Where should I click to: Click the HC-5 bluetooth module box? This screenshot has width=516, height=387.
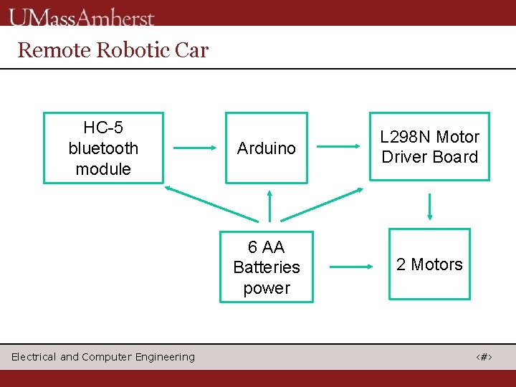point(103,148)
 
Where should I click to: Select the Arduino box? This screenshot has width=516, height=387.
point(267,148)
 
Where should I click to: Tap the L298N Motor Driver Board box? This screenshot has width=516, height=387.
point(429,147)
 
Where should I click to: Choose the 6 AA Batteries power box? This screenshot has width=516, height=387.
point(267,267)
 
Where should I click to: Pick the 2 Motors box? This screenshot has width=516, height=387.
point(429,264)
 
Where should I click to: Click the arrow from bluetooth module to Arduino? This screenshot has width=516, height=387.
point(195,148)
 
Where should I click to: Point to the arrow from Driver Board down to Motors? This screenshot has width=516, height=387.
point(429,206)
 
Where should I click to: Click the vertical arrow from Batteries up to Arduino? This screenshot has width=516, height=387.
point(269,206)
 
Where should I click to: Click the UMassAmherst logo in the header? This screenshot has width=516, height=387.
point(82,16)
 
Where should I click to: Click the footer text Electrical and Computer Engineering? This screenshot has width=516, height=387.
point(102,357)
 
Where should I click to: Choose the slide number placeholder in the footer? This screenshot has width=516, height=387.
point(486,357)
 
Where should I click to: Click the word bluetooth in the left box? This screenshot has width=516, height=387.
point(103,148)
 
